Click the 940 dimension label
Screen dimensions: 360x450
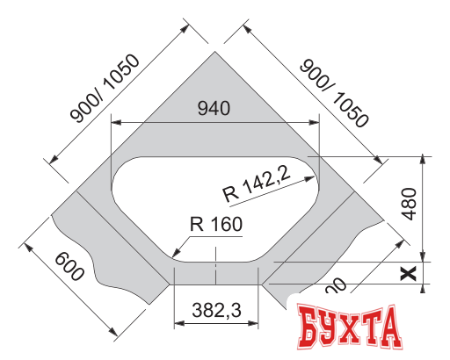point(214,109)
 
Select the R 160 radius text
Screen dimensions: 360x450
point(215,224)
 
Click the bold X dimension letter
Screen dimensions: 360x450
point(407,273)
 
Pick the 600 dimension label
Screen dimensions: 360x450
point(69,267)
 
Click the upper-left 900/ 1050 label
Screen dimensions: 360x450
point(106,90)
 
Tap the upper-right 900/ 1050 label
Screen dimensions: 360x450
point(332,92)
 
